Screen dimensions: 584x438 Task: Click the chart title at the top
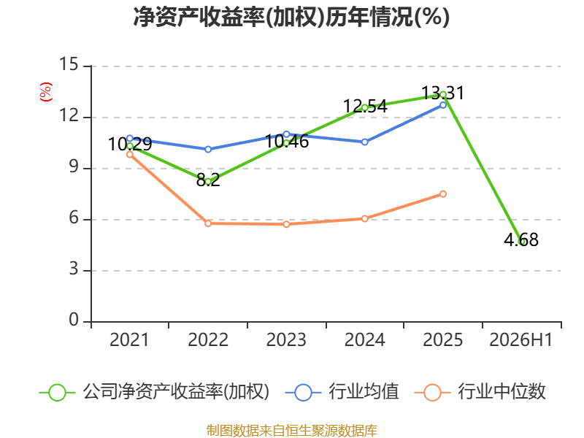[291, 17]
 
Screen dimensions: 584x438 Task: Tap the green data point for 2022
[208, 182]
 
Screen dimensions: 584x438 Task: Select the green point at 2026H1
[521, 242]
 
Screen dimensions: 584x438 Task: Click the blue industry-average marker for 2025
[443, 105]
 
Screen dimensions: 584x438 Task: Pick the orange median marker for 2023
[286, 224]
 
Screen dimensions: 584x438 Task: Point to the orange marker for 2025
[443, 194]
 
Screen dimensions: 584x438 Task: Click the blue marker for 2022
[208, 150]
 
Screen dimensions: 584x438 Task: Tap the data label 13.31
[443, 93]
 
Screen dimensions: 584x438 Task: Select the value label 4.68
[521, 240]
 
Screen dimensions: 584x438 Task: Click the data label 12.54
[365, 106]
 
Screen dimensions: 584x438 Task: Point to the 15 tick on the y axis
[69, 64]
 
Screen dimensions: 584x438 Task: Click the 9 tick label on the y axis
[74, 167]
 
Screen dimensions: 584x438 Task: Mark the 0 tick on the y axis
[74, 320]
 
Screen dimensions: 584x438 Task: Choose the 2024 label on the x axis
[364, 340]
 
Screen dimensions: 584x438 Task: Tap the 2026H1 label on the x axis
[521, 340]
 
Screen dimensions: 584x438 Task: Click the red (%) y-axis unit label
[46, 92]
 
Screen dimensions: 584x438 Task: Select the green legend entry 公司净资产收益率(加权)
[154, 392]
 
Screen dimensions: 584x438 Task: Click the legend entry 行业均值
[342, 392]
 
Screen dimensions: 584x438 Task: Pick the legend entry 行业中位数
[480, 392]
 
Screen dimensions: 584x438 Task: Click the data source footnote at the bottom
[291, 431]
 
